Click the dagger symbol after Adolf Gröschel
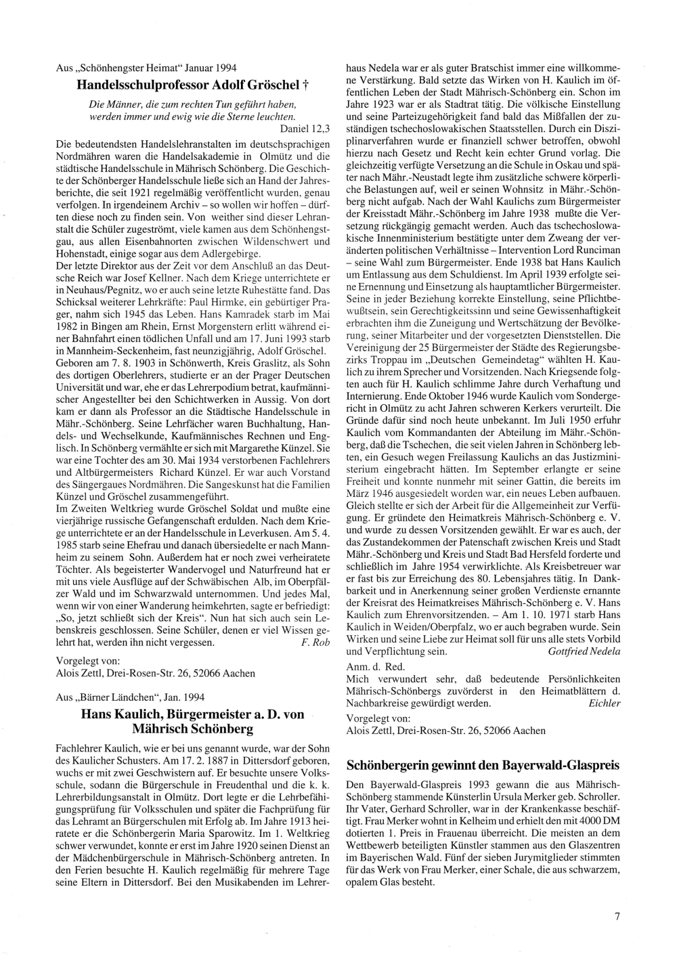point(305,85)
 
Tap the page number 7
point(617,917)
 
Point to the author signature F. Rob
point(315,642)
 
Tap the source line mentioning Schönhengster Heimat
point(146,68)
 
